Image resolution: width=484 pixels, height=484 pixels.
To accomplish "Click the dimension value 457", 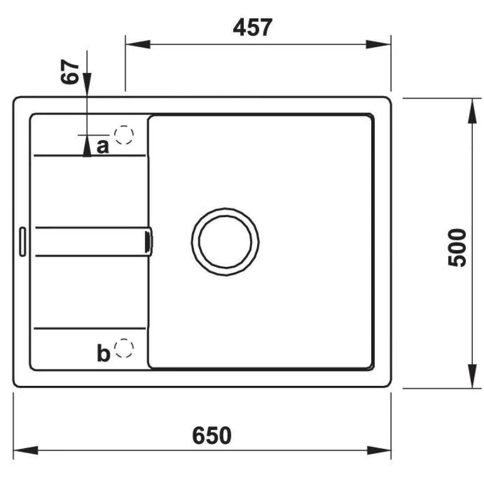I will pyautogui.click(x=252, y=28).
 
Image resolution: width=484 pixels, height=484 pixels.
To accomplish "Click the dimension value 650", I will pyautogui.click(x=212, y=436).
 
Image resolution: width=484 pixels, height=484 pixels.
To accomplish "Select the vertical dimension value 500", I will pyautogui.click(x=457, y=247).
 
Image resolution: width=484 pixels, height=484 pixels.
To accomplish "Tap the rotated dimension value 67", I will pyautogui.click(x=71, y=72).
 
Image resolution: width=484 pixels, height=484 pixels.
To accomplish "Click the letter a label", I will pyautogui.click(x=103, y=146).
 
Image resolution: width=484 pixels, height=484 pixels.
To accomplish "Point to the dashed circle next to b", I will pyautogui.click(x=124, y=348).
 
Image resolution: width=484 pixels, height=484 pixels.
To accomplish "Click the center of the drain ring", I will pyautogui.click(x=225, y=242).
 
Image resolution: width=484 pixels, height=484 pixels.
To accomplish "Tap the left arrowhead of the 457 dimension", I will pyautogui.click(x=137, y=44).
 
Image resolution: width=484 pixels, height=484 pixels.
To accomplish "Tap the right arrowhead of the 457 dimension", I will pyautogui.click(x=378, y=44).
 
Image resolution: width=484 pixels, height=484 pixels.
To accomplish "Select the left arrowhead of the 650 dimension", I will pyautogui.click(x=25, y=450).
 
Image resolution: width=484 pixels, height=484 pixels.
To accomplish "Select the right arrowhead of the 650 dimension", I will pyautogui.click(x=379, y=450).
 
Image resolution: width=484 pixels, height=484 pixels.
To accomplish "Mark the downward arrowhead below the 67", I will pyautogui.click(x=87, y=84).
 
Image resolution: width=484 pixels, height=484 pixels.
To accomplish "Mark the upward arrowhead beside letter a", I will pyautogui.click(x=87, y=146).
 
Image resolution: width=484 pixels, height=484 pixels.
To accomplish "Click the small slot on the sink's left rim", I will pyautogui.click(x=22, y=242).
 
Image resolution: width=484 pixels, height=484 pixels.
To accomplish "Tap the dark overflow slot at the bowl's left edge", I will pyautogui.click(x=148, y=242).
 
